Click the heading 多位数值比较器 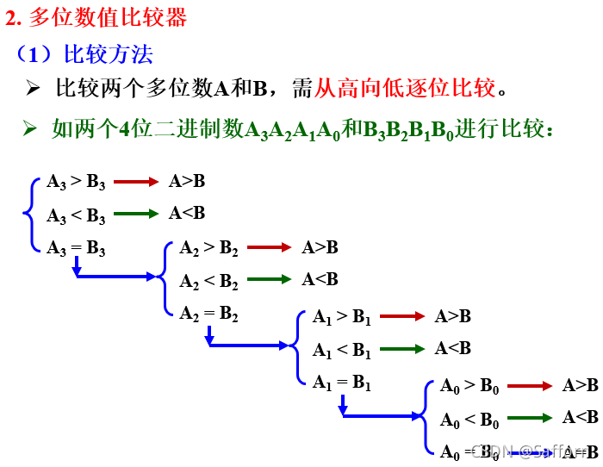tap(107, 16)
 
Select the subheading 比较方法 tap(109, 55)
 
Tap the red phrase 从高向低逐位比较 tap(405, 88)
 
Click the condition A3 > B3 tap(77, 182)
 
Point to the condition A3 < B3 tap(77, 215)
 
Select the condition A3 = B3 tap(77, 249)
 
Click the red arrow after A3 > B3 tap(136, 182)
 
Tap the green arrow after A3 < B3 tap(136, 214)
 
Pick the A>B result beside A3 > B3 tap(187, 181)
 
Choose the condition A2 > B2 tap(209, 249)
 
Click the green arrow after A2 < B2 tap(269, 280)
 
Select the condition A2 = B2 tap(209, 314)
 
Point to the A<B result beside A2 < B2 tap(320, 279)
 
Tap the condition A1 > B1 tap(342, 317)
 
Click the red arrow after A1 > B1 tap(401, 317)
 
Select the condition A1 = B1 tap(342, 382)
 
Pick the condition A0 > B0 tap(469, 387)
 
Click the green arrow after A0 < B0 tap(530, 419)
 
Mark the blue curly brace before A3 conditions tap(33, 215)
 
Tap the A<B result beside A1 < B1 tap(453, 348)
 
